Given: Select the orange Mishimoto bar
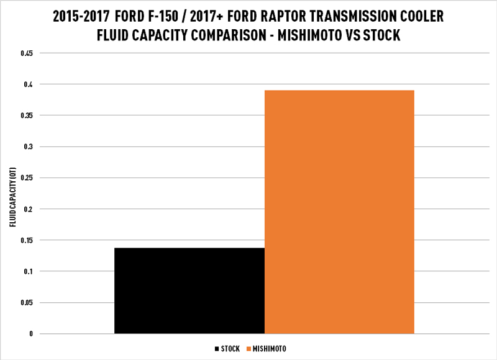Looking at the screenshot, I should tap(339, 212).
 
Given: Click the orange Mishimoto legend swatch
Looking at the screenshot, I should tap(249, 349).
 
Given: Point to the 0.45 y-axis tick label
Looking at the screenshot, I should tap(27, 53).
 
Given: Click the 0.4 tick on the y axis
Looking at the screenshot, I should tap(29, 84).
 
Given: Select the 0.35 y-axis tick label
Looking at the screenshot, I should tap(27, 115).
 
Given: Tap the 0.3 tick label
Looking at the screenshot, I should tap(29, 146).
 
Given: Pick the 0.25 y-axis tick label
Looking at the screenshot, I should tap(27, 178).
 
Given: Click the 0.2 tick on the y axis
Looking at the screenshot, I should tap(29, 209).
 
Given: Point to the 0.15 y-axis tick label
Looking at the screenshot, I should tap(27, 240).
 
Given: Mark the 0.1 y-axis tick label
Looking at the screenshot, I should tap(29, 271).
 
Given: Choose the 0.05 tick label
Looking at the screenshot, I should tap(27, 303).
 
